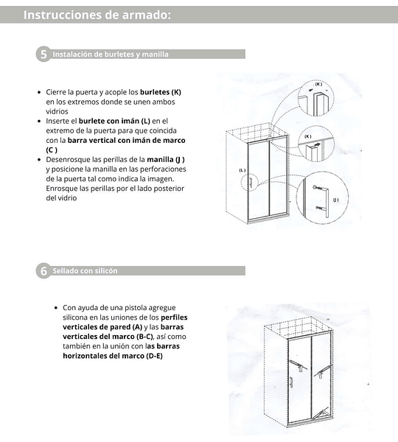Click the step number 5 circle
tap(43, 54)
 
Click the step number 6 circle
tap(43, 270)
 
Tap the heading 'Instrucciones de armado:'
tap(97, 15)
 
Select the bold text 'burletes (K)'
tap(161, 92)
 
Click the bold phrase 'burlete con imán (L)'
tap(114, 121)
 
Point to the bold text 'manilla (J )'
tap(166, 160)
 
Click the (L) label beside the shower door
tap(242, 170)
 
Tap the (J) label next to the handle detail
tap(335, 200)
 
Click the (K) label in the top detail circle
tap(318, 84)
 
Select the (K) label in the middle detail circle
tap(308, 136)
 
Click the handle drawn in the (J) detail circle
tap(327, 202)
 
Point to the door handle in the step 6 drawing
tap(291, 382)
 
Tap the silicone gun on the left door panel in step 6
tap(296, 365)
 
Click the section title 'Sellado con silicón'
tap(85, 271)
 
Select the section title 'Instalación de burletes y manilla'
tap(111, 54)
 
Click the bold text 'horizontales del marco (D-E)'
tap(113, 356)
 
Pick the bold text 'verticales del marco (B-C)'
tap(108, 337)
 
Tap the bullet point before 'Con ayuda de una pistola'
tap(56, 307)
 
